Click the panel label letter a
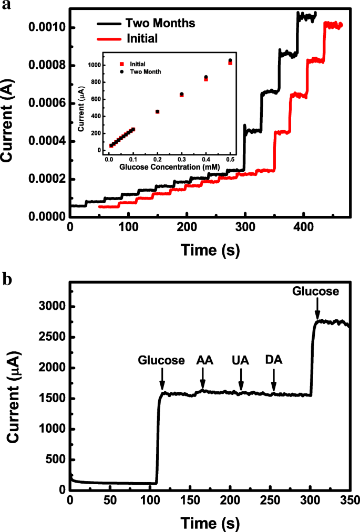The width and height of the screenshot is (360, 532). tap(6, 6)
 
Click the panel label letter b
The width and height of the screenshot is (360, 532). tap(7, 278)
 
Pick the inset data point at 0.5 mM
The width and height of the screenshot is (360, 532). tap(230, 61)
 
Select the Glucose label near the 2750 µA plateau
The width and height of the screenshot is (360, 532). tap(317, 290)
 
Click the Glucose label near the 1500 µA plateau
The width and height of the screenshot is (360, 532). tap(162, 360)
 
